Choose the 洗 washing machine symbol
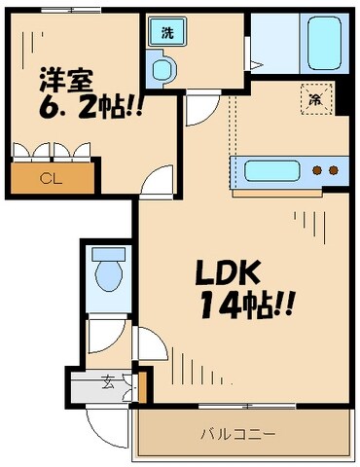click(167, 32)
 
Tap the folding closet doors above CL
click(53, 151)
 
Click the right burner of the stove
click(334, 171)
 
